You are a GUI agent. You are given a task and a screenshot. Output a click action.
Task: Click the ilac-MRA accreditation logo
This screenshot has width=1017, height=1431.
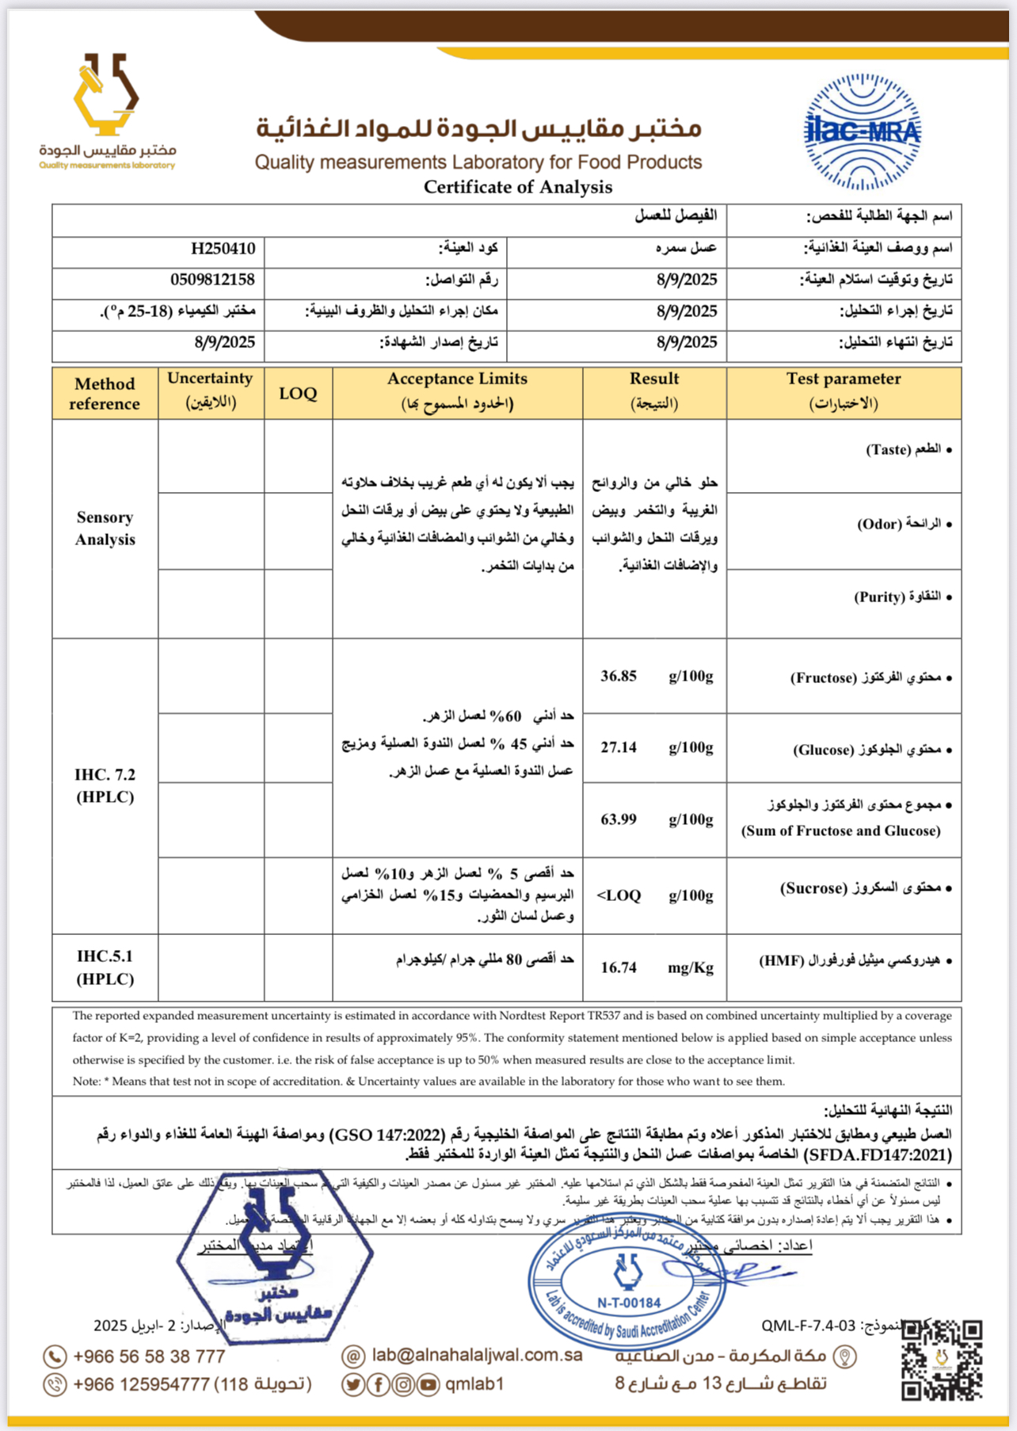coord(862,132)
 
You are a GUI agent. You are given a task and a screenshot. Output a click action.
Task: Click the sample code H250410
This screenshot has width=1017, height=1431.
coord(223,249)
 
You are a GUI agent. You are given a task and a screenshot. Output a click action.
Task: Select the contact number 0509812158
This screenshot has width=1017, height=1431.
coord(212,280)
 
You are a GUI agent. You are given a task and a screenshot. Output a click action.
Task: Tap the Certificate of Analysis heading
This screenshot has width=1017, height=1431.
coord(518,187)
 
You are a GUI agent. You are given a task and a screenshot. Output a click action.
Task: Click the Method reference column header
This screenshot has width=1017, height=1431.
coord(105,393)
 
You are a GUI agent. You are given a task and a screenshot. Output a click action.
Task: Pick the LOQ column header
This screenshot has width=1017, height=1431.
coord(298,393)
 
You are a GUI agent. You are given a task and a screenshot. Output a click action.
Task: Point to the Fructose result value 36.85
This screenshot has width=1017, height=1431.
coord(619,676)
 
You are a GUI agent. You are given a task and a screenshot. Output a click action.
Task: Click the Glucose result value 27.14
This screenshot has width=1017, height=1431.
coord(619,747)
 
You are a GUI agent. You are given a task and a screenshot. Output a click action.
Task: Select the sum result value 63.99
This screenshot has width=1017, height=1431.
coord(619,819)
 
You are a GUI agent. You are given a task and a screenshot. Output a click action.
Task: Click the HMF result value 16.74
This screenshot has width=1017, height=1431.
coord(619,967)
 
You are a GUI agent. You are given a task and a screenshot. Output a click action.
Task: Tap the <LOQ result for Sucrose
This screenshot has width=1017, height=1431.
coord(619,895)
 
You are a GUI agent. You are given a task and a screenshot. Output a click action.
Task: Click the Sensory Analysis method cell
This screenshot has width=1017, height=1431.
coord(105,529)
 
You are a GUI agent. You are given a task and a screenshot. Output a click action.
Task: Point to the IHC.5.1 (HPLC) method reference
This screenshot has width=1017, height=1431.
coord(105,967)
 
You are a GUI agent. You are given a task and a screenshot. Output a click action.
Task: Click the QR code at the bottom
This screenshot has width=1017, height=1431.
coord(942,1360)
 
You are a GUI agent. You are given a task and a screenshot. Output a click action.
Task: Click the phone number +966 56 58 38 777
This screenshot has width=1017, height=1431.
coord(149,1357)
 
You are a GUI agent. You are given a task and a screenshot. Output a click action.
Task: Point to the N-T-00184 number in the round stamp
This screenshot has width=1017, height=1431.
coord(629,1303)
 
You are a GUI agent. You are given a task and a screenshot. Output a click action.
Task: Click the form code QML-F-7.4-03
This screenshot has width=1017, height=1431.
coord(809,1326)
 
